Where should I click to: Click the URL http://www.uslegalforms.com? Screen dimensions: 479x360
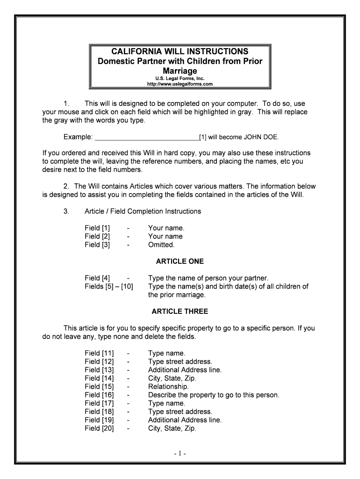tap(180, 84)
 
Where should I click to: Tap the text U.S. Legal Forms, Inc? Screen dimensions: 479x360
tap(180, 79)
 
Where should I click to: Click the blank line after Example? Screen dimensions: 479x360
tap(147, 137)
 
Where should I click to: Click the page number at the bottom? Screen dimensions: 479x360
tap(180, 454)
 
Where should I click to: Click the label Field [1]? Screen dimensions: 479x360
tap(97, 228)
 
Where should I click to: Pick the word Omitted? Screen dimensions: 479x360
tap(161, 245)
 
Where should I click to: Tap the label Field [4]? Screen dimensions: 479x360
tap(97, 278)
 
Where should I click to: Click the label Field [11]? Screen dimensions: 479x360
tap(99, 353)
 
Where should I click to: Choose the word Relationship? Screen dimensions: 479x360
tap(168, 387)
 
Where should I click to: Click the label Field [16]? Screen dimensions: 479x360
tap(99, 395)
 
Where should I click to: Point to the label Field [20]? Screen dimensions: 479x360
tap(99, 428)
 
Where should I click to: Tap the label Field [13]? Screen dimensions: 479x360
tap(99, 370)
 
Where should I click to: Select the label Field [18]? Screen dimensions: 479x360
tap(99, 412)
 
